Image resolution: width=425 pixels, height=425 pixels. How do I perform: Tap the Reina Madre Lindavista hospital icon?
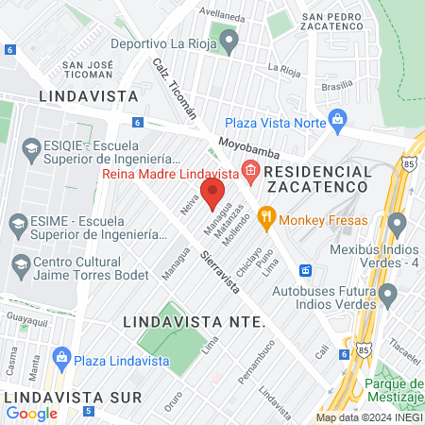pos(250,172)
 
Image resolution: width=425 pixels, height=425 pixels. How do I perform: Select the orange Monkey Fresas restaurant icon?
pos(266,216)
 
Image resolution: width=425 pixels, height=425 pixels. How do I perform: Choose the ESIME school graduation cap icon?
pos(18,224)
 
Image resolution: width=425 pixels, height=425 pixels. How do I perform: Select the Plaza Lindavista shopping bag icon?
pos(62,357)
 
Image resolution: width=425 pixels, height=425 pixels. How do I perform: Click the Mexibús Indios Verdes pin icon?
pos(397,224)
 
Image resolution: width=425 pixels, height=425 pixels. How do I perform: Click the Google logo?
pos(32,412)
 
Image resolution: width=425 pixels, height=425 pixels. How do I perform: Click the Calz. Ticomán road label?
pos(175,86)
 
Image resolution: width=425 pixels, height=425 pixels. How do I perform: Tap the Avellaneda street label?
pos(247,15)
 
